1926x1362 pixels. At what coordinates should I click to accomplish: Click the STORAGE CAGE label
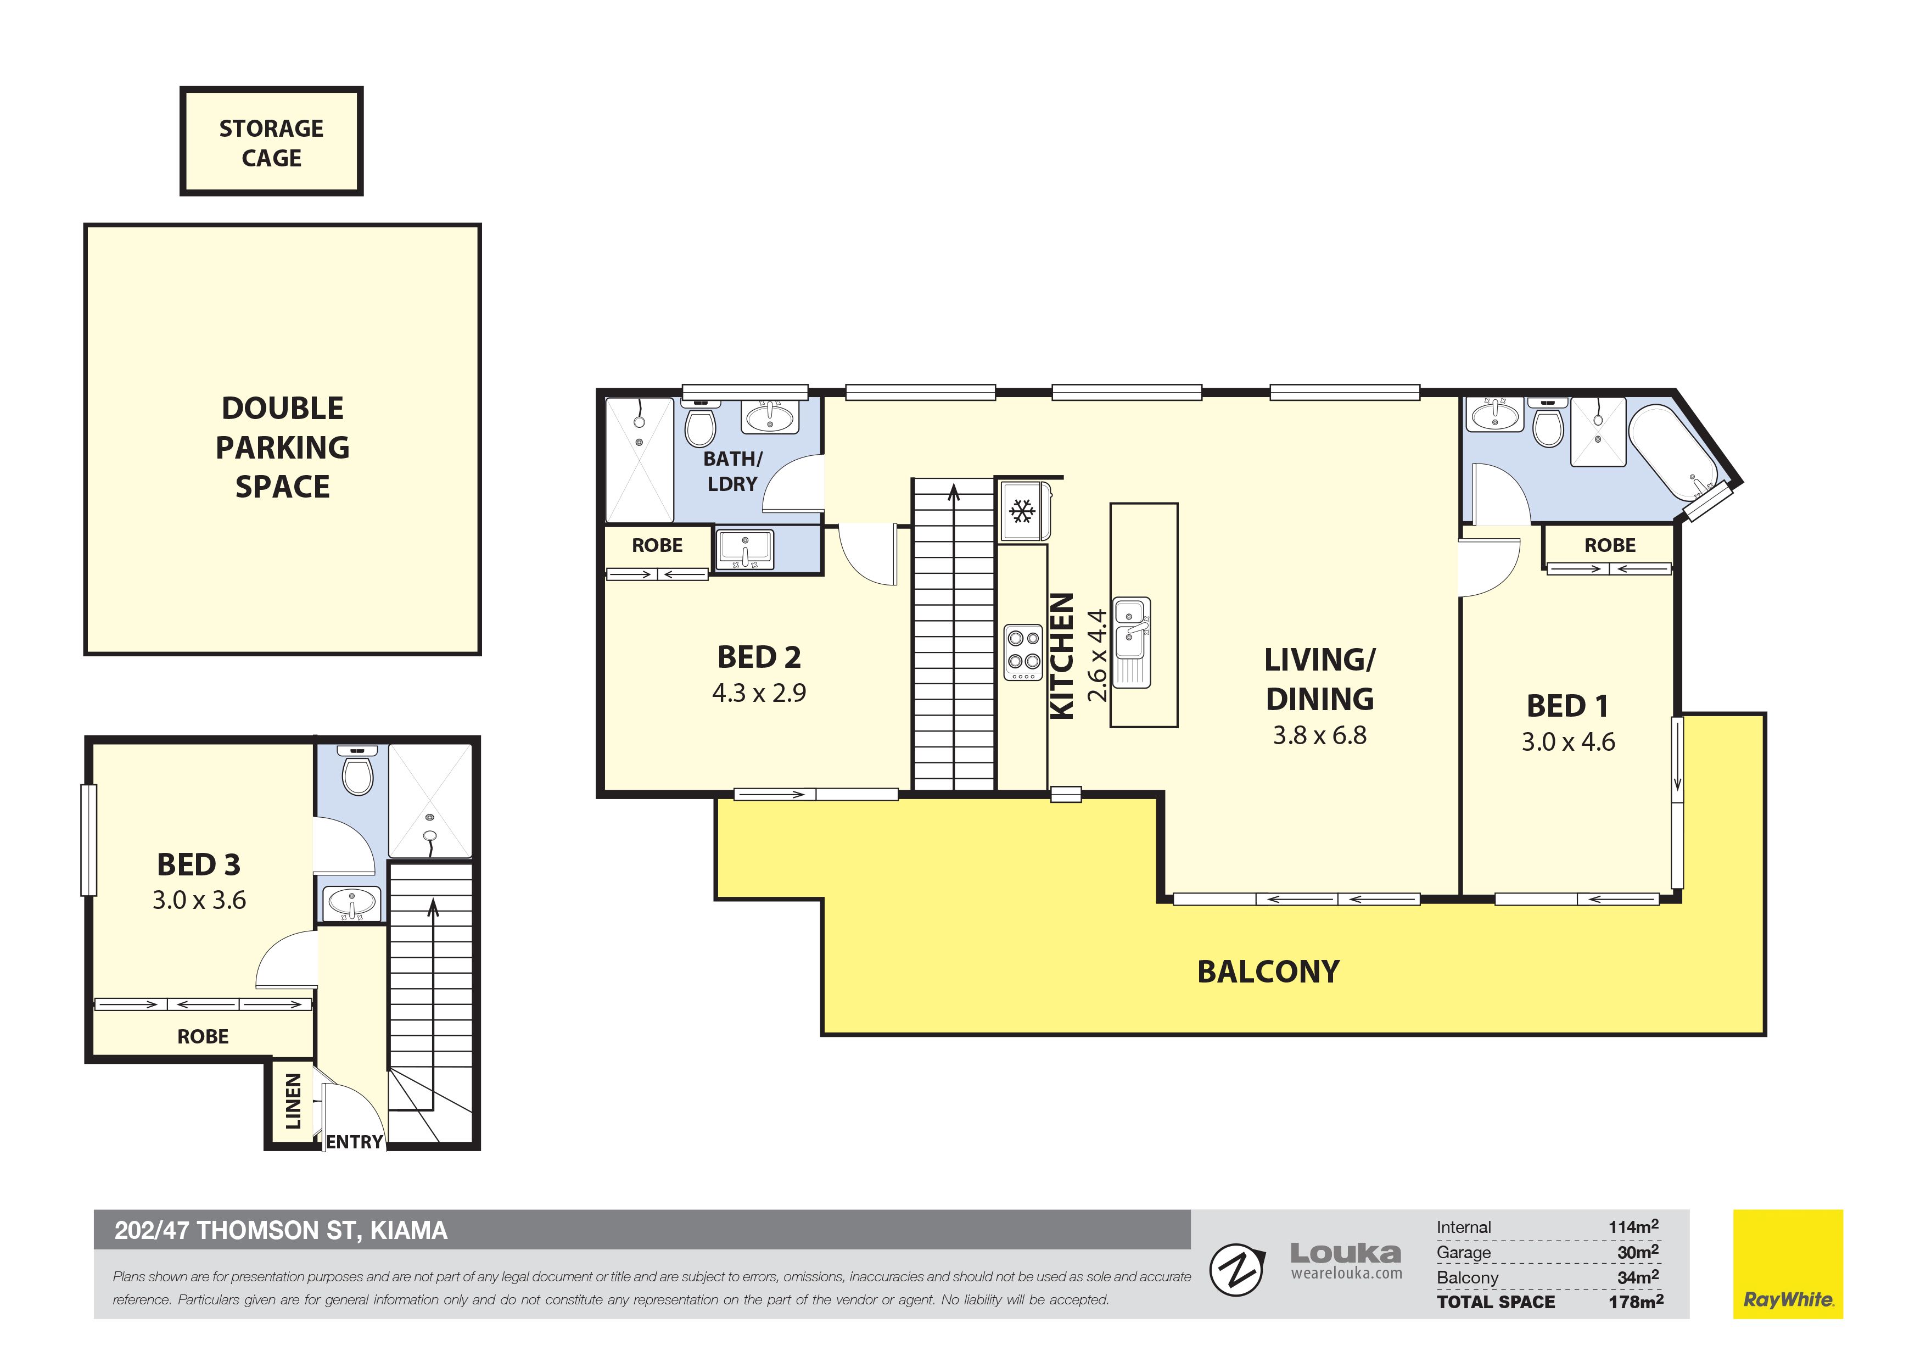point(271,143)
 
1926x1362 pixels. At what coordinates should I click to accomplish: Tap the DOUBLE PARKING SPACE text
point(283,447)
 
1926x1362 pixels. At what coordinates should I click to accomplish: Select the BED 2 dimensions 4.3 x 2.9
point(759,693)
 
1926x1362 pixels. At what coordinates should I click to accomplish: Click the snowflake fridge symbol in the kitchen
point(1022,510)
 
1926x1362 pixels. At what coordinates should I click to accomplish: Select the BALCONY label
point(1268,972)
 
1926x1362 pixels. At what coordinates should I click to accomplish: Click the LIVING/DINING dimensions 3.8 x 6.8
point(1319,735)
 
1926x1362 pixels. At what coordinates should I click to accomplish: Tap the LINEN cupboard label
point(293,1101)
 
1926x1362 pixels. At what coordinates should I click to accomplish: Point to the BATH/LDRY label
point(732,472)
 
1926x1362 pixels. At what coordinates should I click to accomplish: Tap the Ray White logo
point(1788,1264)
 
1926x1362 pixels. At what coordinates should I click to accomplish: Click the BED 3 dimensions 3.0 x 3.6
point(199,901)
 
